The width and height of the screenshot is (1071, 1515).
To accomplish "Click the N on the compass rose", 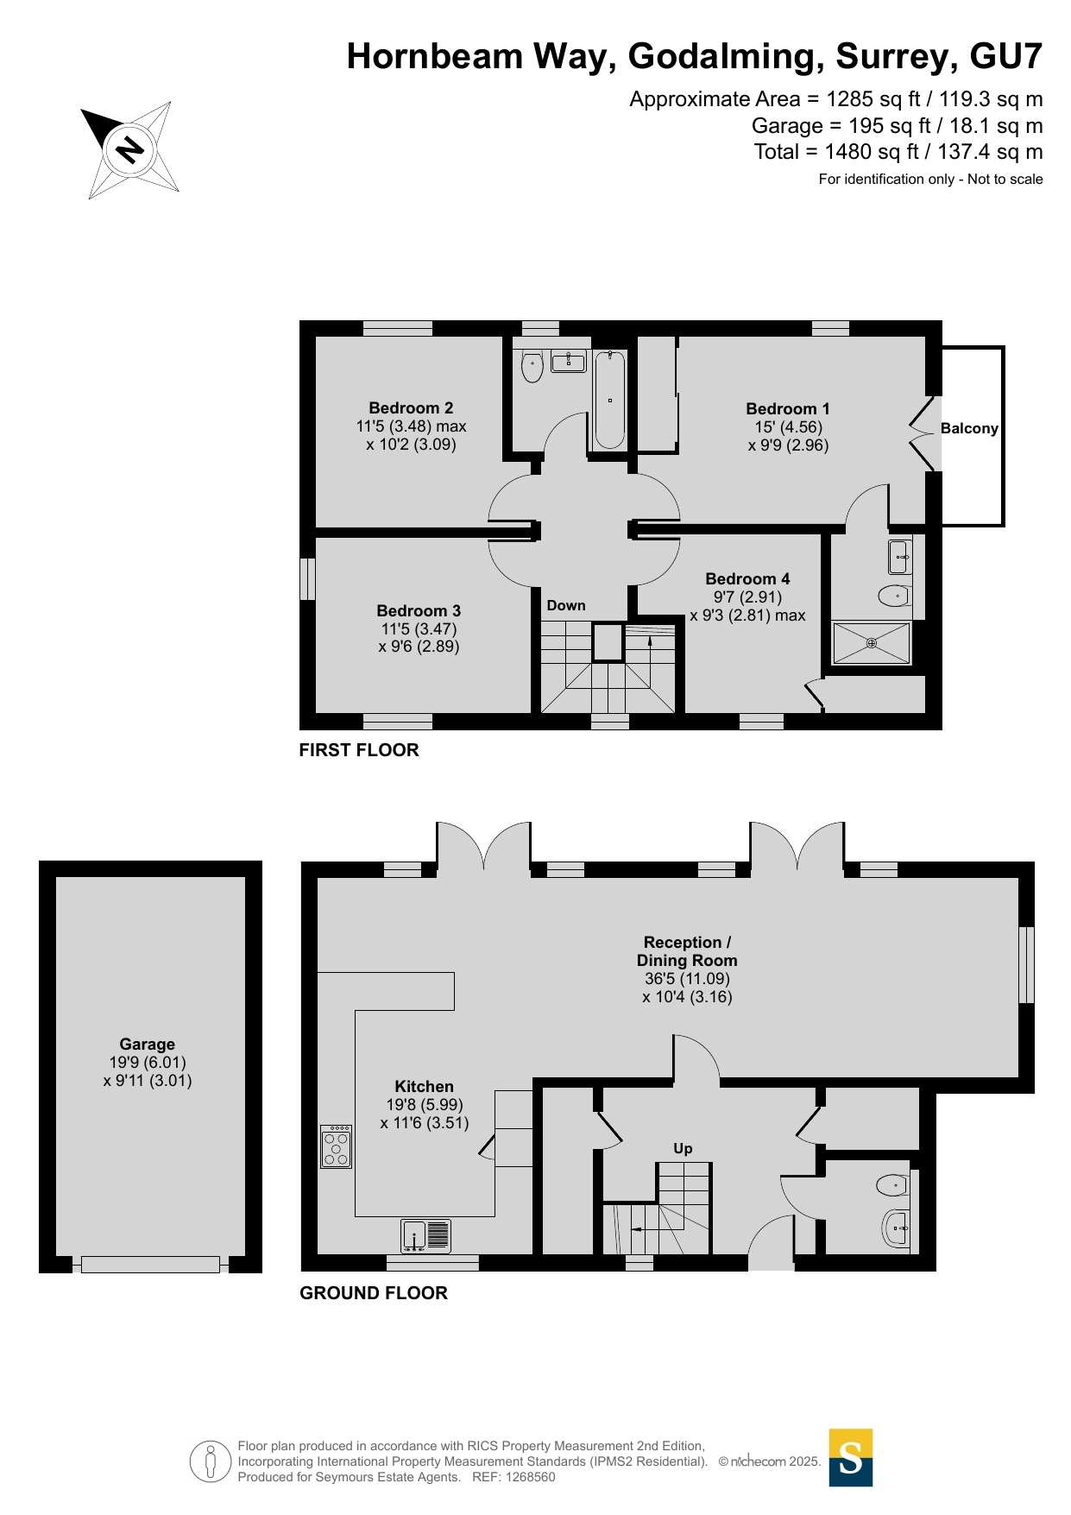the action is pos(129,150).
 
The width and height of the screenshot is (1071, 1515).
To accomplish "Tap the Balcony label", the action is pos(969,428).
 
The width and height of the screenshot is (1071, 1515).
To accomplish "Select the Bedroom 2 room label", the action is pos(411,407).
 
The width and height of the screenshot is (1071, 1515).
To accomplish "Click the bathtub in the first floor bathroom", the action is pos(609,399).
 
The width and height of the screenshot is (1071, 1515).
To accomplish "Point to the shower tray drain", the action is pos(872,643).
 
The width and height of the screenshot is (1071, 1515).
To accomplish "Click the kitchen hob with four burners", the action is pos(336,1146).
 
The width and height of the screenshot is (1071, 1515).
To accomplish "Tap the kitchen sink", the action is pos(425,1235).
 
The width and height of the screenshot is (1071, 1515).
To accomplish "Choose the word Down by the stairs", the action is pos(566,605).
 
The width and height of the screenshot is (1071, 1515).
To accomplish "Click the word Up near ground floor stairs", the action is pos(683,1148).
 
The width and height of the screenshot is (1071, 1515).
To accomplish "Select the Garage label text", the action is pos(148,1044).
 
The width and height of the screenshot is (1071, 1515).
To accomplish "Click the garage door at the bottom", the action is pos(150,1265).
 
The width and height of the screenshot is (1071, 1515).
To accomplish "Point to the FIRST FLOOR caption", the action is pos(359,750).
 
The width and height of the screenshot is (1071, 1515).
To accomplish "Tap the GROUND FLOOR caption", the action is pos(374,1293).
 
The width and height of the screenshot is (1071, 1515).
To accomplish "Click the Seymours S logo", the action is pos(851,1457).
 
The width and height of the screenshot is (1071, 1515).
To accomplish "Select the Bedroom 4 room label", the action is pos(747,578).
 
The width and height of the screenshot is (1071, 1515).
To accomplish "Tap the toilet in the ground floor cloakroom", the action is pos(892,1185).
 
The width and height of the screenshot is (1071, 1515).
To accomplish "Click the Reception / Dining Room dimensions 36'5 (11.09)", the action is pos(687,979).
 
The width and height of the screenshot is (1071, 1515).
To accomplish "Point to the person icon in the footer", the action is pos(211,1461).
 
